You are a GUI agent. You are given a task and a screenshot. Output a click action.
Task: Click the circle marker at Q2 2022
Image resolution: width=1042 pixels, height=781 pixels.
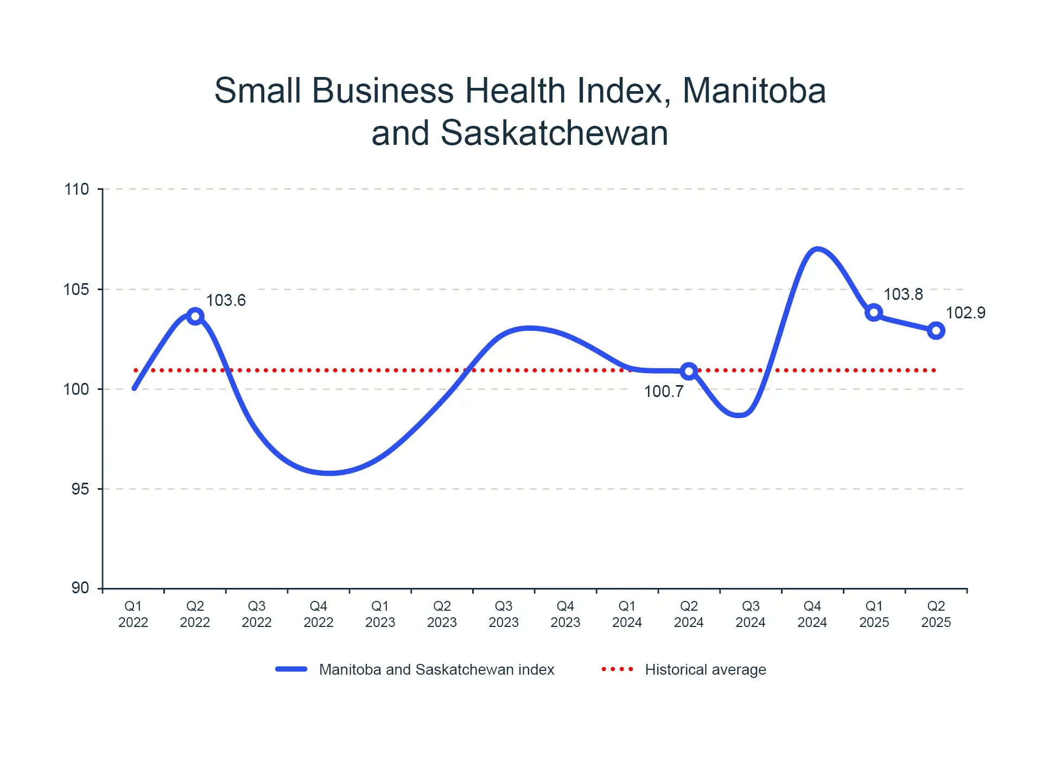[x=195, y=316]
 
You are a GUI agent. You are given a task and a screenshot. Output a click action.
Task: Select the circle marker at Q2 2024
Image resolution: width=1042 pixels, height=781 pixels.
[x=689, y=371]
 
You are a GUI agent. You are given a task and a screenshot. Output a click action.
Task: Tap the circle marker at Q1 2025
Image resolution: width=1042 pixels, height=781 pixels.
[x=874, y=312]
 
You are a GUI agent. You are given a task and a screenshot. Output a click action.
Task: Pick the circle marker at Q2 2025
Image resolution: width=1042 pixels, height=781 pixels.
[x=936, y=330]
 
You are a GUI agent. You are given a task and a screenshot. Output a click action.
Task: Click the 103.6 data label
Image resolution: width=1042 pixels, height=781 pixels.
[x=226, y=300]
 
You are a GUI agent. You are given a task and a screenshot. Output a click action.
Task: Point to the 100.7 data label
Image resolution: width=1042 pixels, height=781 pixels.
[x=663, y=391]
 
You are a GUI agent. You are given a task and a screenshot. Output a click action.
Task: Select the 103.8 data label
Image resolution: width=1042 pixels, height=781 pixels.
[x=903, y=294]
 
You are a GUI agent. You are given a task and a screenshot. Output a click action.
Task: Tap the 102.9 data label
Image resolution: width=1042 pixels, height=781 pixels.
[x=965, y=312]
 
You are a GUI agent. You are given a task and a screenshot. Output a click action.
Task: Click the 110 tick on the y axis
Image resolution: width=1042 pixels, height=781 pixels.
[x=77, y=189]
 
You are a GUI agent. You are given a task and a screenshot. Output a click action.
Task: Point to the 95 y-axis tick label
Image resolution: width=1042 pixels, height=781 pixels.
[x=80, y=489]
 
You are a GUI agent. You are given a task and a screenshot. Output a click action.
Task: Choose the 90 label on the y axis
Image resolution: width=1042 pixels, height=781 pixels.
[x=80, y=588]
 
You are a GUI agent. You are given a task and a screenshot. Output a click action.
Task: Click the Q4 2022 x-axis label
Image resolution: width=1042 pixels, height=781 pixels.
[x=318, y=614]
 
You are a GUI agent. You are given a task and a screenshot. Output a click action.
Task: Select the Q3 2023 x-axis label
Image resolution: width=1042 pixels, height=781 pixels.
[x=504, y=614]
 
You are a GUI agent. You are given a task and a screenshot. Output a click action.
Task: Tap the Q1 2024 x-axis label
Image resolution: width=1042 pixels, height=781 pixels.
[x=627, y=614]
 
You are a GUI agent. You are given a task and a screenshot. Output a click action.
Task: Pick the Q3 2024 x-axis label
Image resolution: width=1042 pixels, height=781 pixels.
[x=751, y=614]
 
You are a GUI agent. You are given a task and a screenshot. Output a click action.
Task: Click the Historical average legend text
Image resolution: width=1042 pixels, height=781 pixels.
[x=705, y=670]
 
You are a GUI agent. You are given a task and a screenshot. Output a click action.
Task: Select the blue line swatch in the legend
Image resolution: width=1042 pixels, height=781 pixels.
[x=291, y=669]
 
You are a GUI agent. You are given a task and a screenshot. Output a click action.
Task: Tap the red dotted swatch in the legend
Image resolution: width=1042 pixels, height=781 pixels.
[x=618, y=669]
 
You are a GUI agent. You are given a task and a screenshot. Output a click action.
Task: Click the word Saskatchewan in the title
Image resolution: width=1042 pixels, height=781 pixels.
[x=554, y=133]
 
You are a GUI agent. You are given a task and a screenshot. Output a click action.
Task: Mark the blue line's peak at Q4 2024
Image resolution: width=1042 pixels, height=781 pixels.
[x=817, y=249]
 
